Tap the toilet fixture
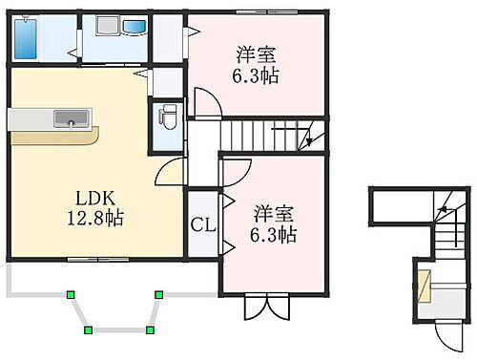click(166, 117)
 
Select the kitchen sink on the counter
click(69, 118)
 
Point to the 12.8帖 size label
click(96, 217)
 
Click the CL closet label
click(202, 225)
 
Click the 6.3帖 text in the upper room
click(255, 74)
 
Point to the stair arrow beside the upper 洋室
click(308, 139)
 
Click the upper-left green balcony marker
click(70, 294)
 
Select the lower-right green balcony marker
click(151, 329)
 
